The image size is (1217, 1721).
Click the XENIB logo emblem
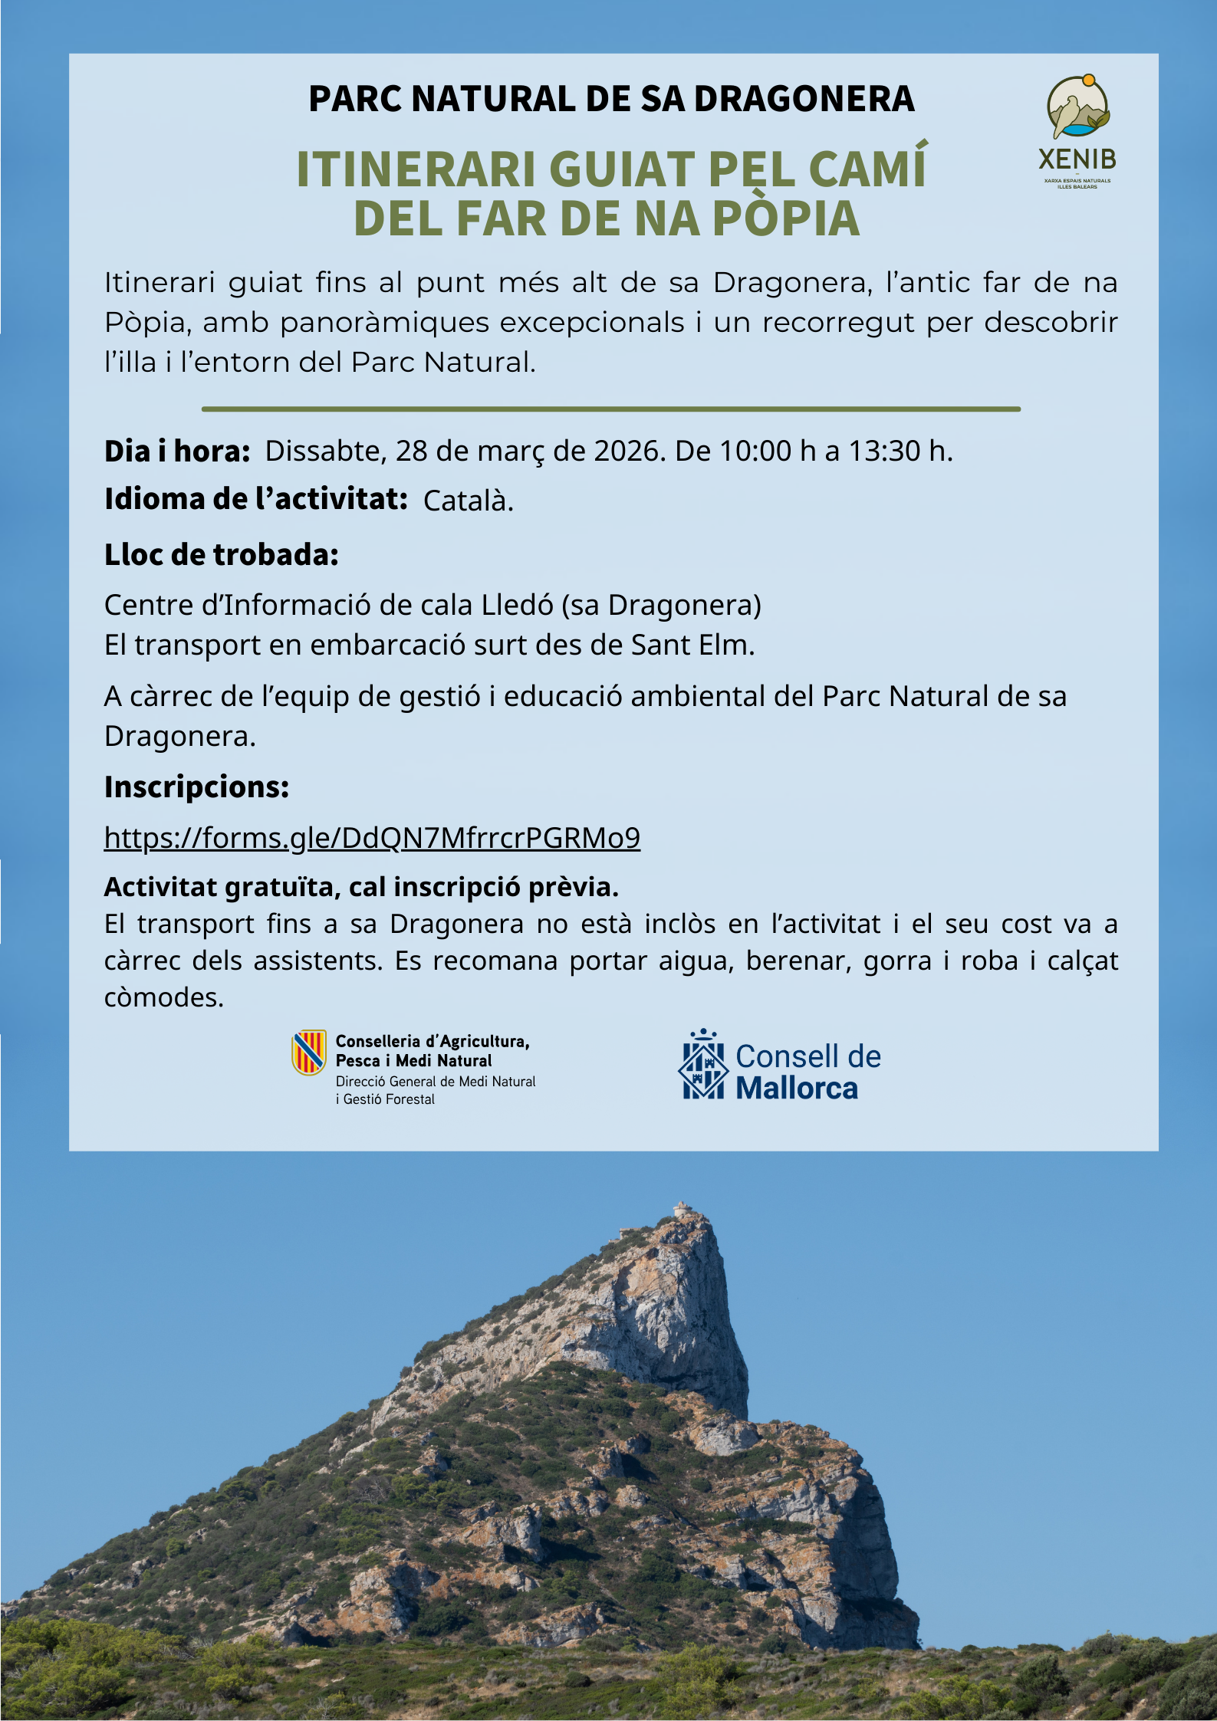click(1078, 107)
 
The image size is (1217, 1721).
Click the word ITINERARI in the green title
click(415, 169)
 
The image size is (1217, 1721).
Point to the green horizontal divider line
click(610, 409)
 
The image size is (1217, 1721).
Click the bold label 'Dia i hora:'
click(177, 452)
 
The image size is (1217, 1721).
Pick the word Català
click(468, 501)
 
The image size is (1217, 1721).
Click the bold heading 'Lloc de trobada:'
click(222, 555)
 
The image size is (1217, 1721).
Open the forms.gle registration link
click(372, 838)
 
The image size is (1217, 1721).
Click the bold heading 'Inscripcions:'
click(196, 787)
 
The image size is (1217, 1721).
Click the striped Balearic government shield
click(309, 1052)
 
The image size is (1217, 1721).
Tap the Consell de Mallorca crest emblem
click(703, 1066)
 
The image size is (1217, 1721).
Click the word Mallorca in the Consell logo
click(797, 1089)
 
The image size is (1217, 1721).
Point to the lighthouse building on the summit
click(681, 1209)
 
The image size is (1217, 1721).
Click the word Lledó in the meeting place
click(518, 606)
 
